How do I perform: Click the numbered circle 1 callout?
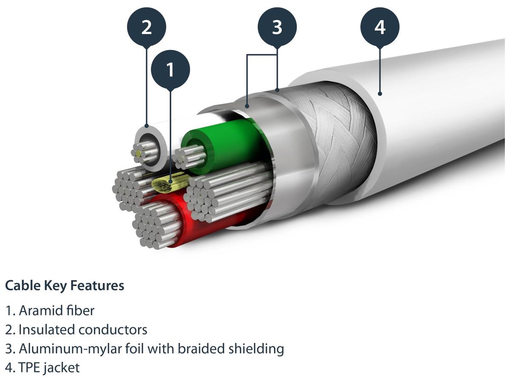[170, 70]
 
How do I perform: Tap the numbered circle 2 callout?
[147, 27]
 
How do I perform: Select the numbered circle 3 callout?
[277, 27]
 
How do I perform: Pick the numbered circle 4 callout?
[380, 27]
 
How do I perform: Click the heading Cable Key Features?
[65, 286]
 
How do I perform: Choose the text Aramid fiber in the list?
[56, 311]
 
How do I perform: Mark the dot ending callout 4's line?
[380, 94]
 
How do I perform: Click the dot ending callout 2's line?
[147, 126]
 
